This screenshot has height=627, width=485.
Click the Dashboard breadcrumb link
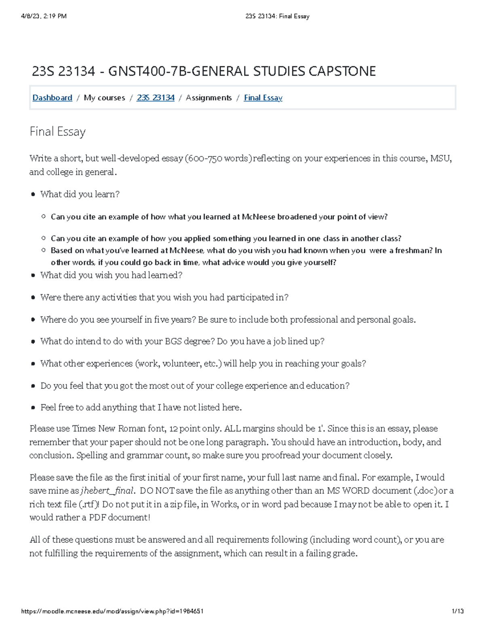point(52,98)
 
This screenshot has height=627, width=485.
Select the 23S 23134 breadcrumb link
point(156,98)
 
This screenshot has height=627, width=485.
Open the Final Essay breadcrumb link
point(263,98)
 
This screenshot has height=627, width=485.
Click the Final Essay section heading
point(57,132)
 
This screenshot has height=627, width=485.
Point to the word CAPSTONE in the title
point(342,71)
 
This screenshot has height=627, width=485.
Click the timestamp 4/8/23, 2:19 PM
point(44,16)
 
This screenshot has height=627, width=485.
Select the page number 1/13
point(458,611)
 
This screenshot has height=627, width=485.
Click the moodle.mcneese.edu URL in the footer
point(112,611)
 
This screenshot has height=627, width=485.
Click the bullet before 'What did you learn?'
point(33,195)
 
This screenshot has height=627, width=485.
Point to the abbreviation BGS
point(173,342)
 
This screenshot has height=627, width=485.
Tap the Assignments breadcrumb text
point(209,98)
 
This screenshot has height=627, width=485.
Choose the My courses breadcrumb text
point(104,98)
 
